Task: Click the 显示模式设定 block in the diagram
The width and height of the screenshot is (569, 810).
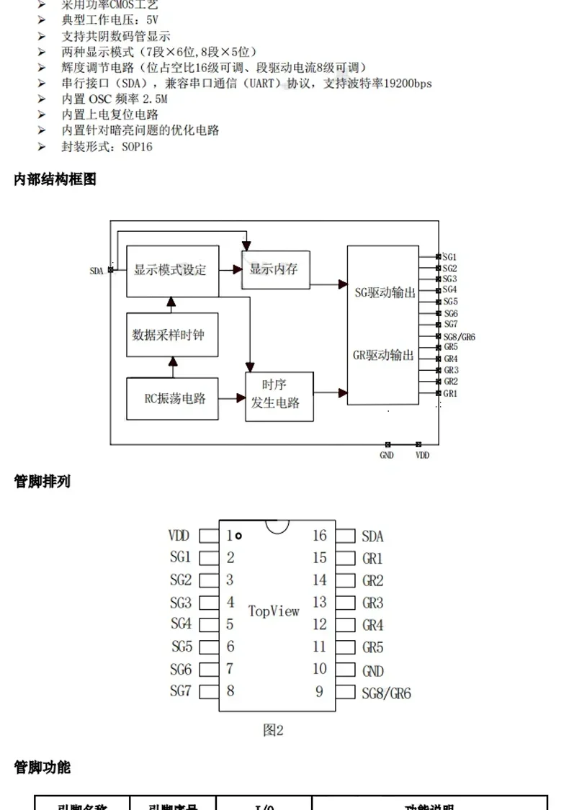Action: [172, 270]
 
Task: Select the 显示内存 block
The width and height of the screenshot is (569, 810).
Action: [274, 269]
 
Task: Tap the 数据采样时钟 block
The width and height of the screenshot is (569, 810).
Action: [172, 335]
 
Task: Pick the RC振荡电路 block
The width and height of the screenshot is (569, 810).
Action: [172, 398]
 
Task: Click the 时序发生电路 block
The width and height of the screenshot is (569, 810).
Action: [279, 396]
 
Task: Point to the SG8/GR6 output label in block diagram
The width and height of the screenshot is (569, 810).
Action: [459, 337]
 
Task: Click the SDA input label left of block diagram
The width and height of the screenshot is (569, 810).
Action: [96, 271]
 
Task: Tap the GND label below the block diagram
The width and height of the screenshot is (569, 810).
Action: [387, 455]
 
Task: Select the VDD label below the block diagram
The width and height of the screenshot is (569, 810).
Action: [422, 455]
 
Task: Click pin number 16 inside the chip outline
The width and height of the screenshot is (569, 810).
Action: [319, 536]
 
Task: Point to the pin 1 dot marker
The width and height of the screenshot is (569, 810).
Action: [238, 536]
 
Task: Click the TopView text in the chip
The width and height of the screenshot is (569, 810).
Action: [274, 611]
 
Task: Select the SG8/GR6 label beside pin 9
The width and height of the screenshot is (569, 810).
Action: [386, 693]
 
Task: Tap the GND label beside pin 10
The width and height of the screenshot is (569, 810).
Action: [373, 671]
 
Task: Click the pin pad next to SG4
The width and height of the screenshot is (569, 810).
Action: [209, 625]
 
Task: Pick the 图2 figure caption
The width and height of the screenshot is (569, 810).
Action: [273, 730]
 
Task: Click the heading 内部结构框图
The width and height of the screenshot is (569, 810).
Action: [55, 179]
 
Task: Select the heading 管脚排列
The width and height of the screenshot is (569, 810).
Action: [42, 482]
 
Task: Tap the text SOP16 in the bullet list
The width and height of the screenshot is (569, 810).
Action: [137, 147]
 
